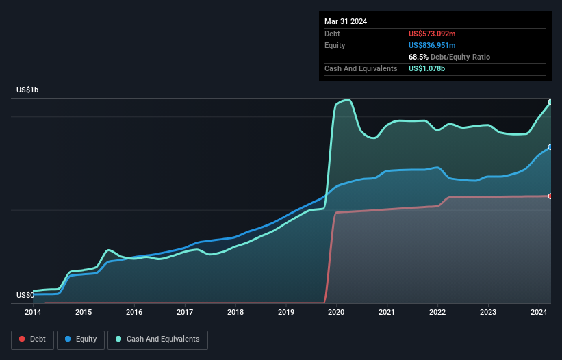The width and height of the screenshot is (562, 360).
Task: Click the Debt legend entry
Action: [x=33, y=339]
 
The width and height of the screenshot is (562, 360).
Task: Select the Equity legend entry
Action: [x=81, y=339]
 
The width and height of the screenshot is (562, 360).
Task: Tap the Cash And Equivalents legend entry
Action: [x=157, y=339]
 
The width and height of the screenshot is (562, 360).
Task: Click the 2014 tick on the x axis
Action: [x=33, y=312]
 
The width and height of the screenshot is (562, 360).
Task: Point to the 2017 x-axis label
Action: [x=185, y=312]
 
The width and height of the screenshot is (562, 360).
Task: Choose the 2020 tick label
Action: [x=336, y=312]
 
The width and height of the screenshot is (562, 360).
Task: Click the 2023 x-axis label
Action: [x=488, y=312]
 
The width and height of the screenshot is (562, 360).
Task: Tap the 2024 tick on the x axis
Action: [x=539, y=312]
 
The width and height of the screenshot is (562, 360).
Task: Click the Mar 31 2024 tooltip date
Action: [x=346, y=21]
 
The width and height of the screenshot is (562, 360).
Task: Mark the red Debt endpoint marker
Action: [x=550, y=196]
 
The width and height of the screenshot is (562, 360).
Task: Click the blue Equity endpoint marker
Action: [x=550, y=147]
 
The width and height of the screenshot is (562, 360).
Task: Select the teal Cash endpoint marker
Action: [x=550, y=102]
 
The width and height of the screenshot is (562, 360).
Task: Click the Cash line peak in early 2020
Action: [x=349, y=100]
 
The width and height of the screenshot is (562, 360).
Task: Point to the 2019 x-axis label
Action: [x=286, y=312]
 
